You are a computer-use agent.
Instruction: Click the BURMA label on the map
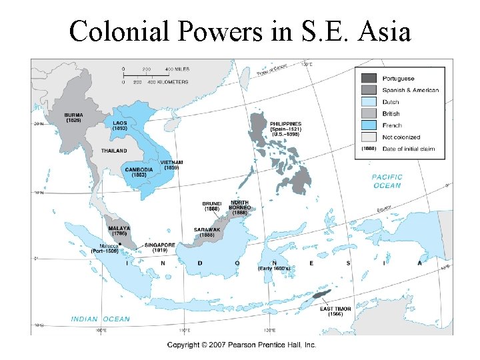point(74,115)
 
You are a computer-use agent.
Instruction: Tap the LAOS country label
point(121,123)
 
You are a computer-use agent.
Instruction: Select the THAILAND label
point(114,151)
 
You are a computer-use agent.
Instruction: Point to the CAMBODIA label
point(139,169)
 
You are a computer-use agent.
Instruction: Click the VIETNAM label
point(172,162)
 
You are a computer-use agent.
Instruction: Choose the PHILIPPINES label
point(285,124)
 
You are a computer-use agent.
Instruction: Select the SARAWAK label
point(207,229)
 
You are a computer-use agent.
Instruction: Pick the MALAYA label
point(119,229)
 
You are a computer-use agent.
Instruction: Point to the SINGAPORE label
point(160,245)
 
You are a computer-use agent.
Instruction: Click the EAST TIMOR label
point(335,309)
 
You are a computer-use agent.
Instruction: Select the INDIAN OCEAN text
point(101,319)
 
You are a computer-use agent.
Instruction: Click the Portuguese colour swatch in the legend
point(369,78)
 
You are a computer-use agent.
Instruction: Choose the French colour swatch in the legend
point(369,125)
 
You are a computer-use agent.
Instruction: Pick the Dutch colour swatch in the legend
point(369,102)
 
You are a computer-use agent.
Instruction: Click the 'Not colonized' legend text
point(401,137)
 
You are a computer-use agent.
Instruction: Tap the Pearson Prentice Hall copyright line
point(241,345)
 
